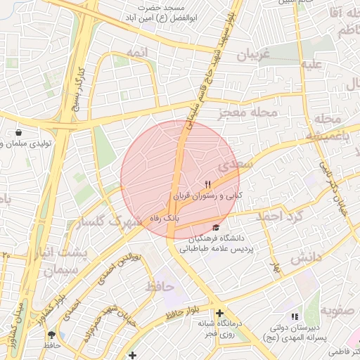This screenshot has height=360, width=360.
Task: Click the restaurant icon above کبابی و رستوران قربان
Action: pyautogui.click(x=207, y=184)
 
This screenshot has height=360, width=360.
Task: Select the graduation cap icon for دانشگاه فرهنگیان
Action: pyautogui.click(x=216, y=227)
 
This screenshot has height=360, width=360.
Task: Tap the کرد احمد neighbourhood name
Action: pyautogui.click(x=277, y=217)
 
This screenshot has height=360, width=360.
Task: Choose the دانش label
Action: pyautogui.click(x=305, y=258)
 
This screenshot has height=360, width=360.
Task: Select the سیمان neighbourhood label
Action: pyautogui.click(x=58, y=270)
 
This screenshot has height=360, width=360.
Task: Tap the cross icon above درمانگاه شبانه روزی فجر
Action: pyautogui.click(x=220, y=313)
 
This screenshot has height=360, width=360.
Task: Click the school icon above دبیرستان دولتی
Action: pyautogui.click(x=295, y=317)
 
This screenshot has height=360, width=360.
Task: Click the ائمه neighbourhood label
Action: pyautogui.click(x=138, y=53)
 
